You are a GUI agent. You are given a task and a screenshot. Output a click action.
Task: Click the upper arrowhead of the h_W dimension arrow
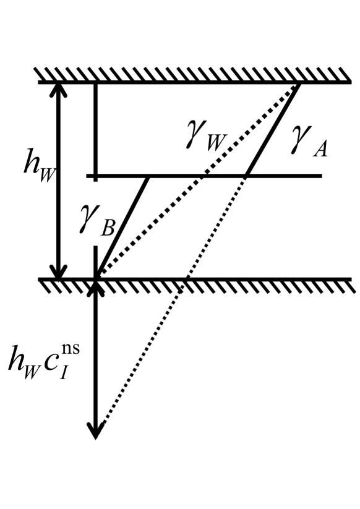(x=59, y=90)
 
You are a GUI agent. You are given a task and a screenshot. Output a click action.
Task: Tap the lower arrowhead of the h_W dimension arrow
(x=59, y=272)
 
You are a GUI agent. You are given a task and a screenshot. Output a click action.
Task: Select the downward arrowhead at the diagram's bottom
(x=95, y=430)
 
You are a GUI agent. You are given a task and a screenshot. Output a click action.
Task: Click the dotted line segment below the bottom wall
(x=142, y=359)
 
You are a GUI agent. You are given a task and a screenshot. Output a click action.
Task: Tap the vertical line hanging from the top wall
(x=95, y=130)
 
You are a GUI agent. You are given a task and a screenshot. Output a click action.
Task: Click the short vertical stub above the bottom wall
(x=95, y=260)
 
